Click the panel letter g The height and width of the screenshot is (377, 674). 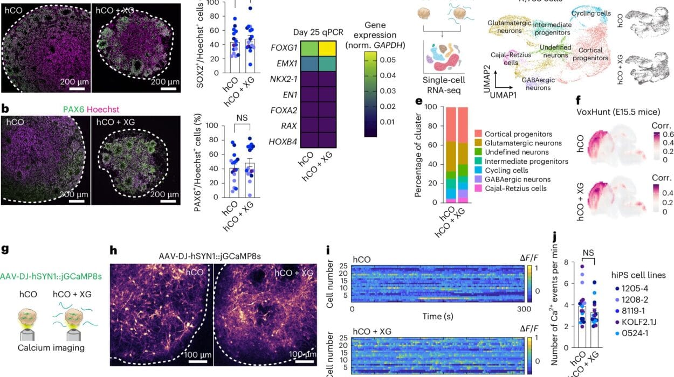point(5,249)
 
